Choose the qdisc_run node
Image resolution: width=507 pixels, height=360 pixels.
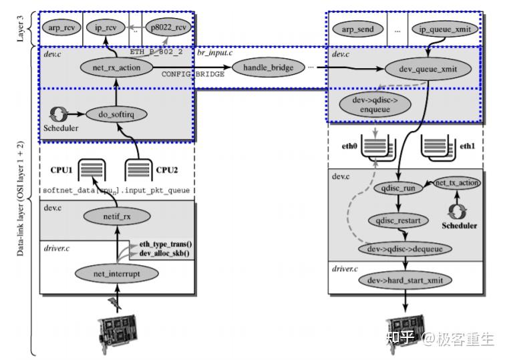pos(400,188)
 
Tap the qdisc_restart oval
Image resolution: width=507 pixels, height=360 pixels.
pos(399,219)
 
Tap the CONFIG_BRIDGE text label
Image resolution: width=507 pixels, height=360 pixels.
pos(192,74)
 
